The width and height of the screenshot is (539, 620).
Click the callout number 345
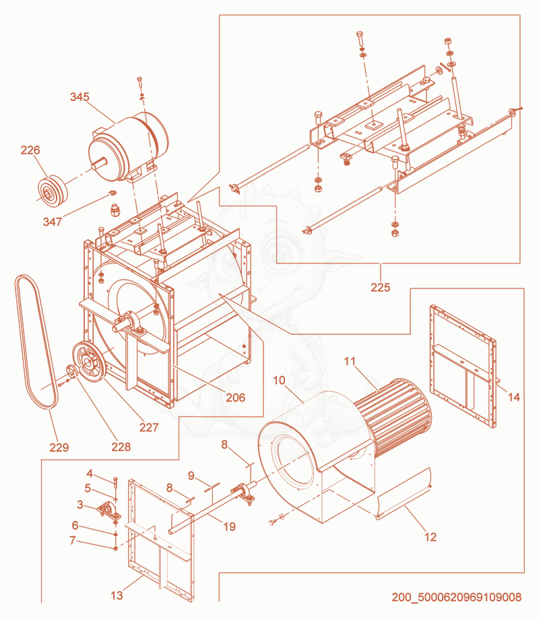coord(80,97)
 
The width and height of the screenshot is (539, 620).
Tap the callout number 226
coord(30,150)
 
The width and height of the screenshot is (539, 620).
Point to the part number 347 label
coord(53,222)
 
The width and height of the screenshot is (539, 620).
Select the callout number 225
coord(381,288)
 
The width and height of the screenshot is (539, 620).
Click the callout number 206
coord(235,398)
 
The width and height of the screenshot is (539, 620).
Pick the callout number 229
coord(59,447)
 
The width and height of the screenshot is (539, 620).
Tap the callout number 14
coord(513,397)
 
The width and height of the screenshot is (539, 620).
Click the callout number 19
coord(229,526)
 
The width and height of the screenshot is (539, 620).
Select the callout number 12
coord(431,537)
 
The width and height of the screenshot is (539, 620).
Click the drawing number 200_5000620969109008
coord(457,597)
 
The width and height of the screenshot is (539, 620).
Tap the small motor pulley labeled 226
coord(53,190)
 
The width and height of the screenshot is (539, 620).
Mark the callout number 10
coord(279,380)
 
